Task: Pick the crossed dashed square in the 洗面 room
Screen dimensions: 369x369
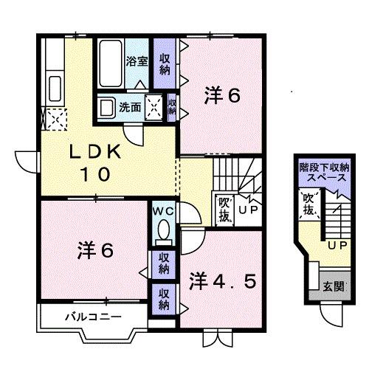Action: (155, 108)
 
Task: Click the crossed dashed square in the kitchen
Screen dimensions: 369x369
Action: (54, 117)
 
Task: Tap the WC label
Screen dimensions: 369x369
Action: (162, 210)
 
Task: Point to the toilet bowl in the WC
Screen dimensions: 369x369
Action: (163, 230)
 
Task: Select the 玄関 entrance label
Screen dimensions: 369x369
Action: (331, 286)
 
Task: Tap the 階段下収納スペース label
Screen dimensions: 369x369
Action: (323, 173)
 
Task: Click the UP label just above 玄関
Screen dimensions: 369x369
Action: (337, 244)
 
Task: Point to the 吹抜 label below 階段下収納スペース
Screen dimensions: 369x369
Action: (309, 205)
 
